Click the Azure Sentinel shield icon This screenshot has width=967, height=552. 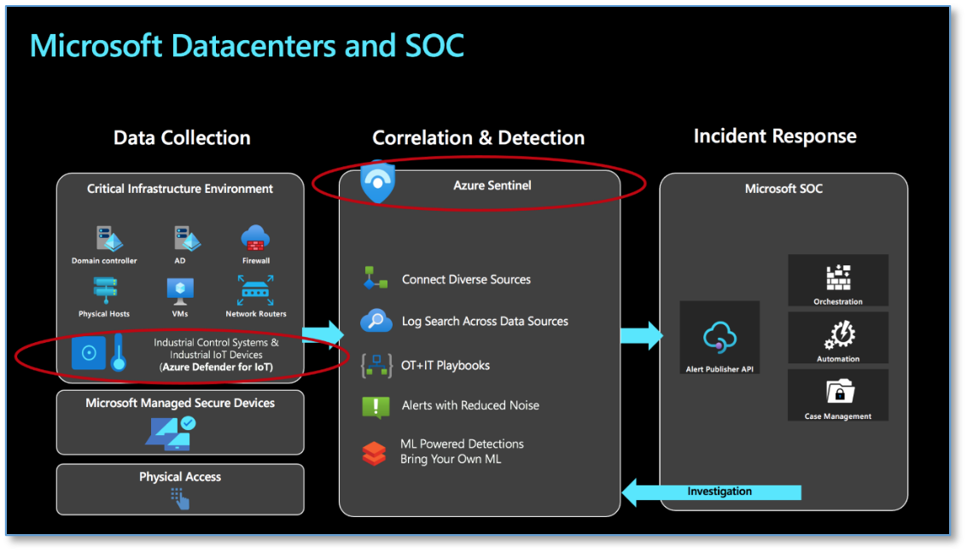pos(377,182)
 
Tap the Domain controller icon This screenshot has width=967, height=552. pos(104,238)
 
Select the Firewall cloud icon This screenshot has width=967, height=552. pos(255,238)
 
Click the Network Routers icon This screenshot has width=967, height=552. pos(255,292)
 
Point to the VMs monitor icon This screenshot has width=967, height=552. pos(179,292)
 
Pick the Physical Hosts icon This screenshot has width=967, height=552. pos(104,292)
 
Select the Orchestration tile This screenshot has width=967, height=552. pos(837,280)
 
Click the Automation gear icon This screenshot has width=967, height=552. pos(838,334)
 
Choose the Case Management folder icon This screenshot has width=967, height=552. pos(838,392)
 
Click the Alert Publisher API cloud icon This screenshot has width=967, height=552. pos(719,338)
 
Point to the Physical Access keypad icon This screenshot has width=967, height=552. pos(179,497)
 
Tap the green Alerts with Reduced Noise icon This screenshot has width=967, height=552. pos(376,406)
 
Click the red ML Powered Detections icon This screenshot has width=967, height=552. pos(374,452)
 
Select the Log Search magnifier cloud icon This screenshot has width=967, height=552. pos(376,322)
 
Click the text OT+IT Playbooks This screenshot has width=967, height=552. pos(446,365)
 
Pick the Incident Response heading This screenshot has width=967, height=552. pos(775,137)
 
